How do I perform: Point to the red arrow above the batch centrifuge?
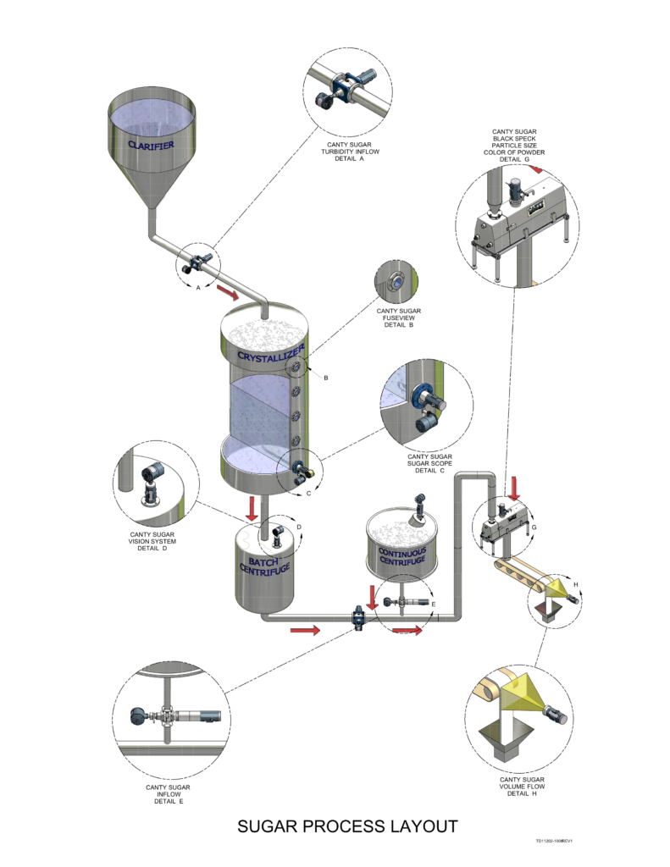[x=252, y=510]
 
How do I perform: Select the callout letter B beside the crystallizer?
[x=325, y=377]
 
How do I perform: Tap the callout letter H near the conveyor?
[x=576, y=584]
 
